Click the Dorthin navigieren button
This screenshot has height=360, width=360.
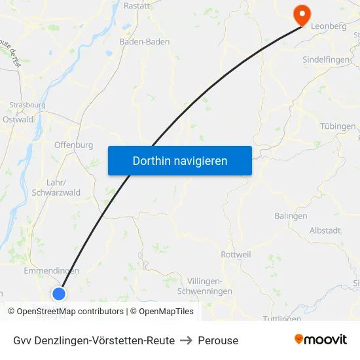[x=180, y=160]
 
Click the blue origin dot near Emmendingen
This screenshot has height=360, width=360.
[x=59, y=294]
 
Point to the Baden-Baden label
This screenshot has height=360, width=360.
[x=144, y=41]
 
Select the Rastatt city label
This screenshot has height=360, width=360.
[x=136, y=5]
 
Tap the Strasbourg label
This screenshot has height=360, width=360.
[x=27, y=105]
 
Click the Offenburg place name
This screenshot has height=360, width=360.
[x=73, y=145]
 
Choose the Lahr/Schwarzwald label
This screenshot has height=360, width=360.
[x=56, y=188]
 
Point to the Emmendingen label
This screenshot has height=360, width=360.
[x=51, y=270]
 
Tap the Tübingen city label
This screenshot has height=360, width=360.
[x=338, y=126]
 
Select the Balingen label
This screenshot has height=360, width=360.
[x=291, y=216]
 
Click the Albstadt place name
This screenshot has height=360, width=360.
[x=325, y=230]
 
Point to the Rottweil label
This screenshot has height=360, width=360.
[x=236, y=254]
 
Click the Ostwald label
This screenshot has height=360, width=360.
[x=18, y=119]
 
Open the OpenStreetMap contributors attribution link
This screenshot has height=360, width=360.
[x=70, y=312]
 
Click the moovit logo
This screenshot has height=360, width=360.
[x=321, y=340]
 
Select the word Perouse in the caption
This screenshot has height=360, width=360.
[x=219, y=340]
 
